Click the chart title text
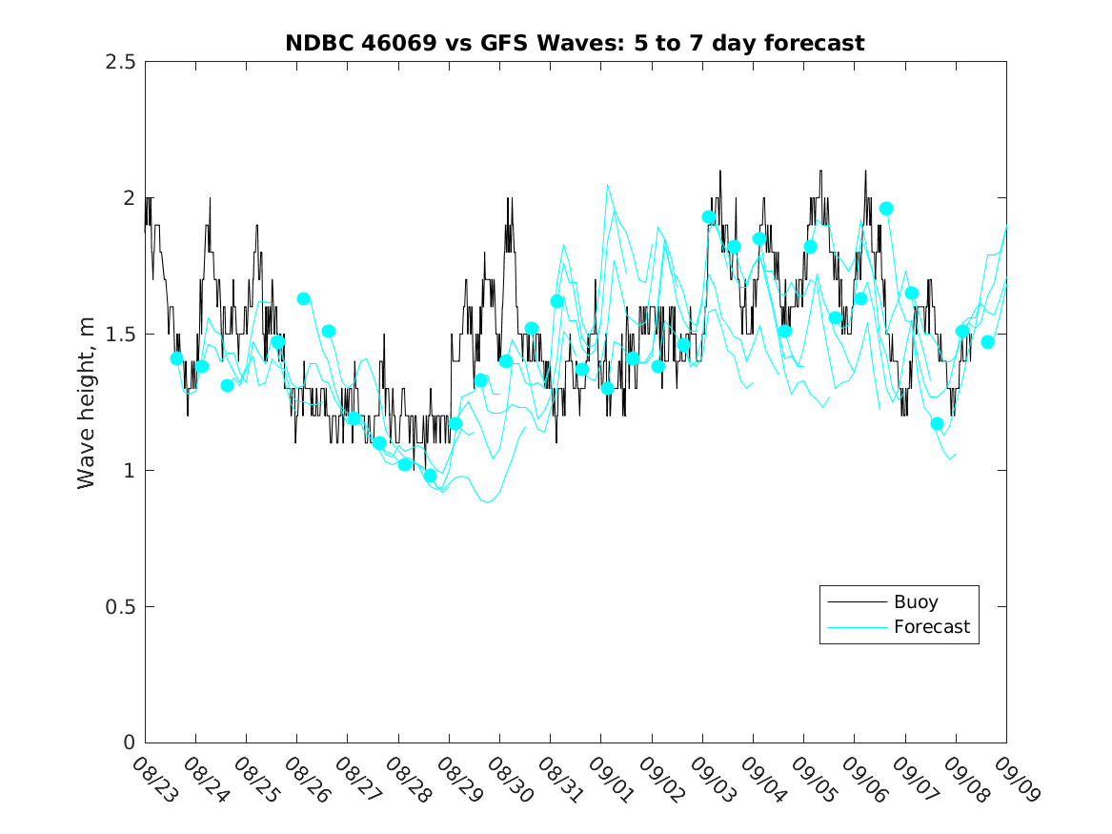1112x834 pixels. (x=575, y=43)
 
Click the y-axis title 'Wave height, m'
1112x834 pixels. (x=87, y=402)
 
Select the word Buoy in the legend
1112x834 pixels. (x=916, y=602)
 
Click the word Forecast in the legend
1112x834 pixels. (x=931, y=627)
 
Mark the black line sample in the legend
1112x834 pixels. (x=856, y=602)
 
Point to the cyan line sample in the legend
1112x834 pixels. (x=856, y=627)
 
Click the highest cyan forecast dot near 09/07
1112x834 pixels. (x=886, y=209)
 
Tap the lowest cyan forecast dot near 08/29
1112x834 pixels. (x=430, y=476)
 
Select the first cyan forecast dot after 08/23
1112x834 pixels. (x=176, y=358)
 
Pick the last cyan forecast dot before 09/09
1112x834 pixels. (x=987, y=342)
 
